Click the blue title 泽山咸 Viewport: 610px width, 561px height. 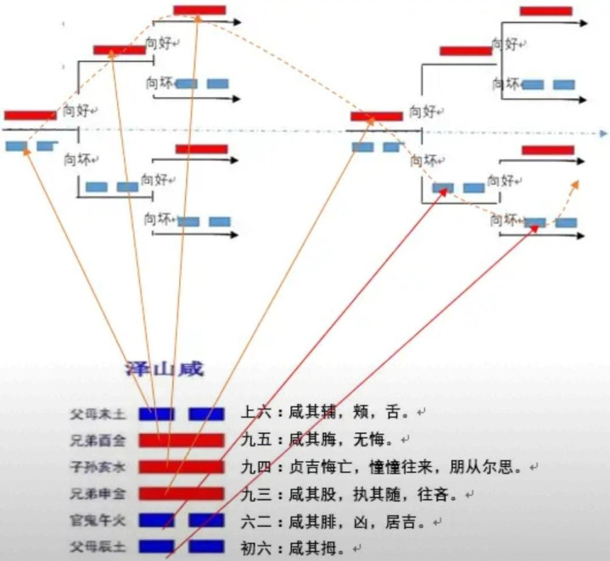tap(165, 369)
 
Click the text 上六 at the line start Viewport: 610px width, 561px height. tap(255, 414)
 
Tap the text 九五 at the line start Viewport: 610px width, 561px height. tap(255, 440)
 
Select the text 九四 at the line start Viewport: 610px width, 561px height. tap(255, 467)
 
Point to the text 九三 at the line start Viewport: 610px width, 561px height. tap(255, 493)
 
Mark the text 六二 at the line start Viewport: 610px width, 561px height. tap(255, 519)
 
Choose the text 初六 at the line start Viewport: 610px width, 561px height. tap(255, 546)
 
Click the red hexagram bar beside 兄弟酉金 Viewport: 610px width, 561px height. tap(182, 440)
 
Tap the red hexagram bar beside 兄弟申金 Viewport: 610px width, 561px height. tap(182, 493)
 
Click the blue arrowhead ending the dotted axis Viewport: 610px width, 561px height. tap(603, 134)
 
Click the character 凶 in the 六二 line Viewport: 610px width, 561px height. tap(360, 519)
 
